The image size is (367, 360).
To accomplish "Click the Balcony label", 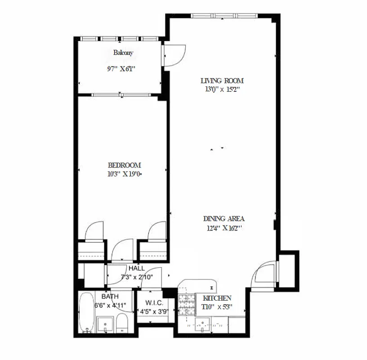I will coord(123,53).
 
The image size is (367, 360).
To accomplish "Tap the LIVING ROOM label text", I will coord(222,81).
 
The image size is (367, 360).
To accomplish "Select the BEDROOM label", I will coord(124,165).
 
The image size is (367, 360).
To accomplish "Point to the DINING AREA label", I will coord(224,219).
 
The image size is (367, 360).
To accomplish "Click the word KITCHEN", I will coord(217,298).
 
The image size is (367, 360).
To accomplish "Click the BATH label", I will coord(110,297).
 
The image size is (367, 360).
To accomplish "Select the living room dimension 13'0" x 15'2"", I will coord(222,89).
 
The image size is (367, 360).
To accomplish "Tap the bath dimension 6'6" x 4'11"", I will coord(111,305).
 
